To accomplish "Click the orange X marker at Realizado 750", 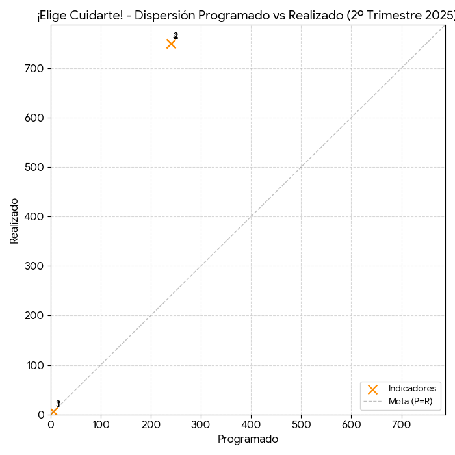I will tap(171, 44).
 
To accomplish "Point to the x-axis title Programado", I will tap(248, 439).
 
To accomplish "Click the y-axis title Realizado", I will tap(14, 221).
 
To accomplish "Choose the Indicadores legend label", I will tap(412, 389).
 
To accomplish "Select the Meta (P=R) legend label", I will tap(410, 401).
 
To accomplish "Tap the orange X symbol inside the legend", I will tap(372, 389).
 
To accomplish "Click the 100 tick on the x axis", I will tap(101, 425).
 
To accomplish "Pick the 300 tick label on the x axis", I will tap(201, 425).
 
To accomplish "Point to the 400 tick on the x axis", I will tap(251, 425).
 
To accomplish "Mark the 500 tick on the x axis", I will tap(301, 425).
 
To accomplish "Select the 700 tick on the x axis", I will tap(401, 425).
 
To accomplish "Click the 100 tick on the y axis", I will tap(35, 365).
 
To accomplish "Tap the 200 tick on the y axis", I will tap(35, 316).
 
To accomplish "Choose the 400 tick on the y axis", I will tap(35, 217).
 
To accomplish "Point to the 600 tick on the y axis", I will tap(35, 118).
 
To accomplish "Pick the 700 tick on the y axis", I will tap(35, 69).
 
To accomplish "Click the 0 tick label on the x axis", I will tap(51, 425).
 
